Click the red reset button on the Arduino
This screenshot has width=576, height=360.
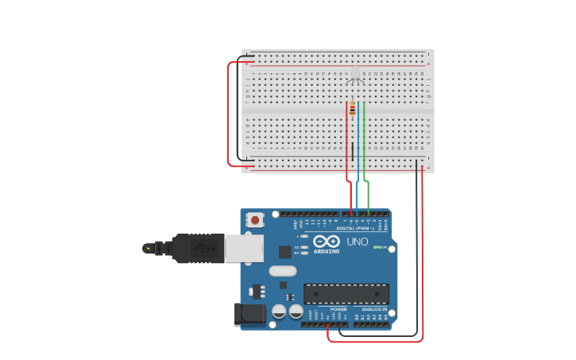[x=255, y=219]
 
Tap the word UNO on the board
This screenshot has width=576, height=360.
[x=357, y=242]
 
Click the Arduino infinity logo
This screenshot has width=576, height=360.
[x=326, y=241]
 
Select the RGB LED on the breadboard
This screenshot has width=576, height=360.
[x=355, y=75]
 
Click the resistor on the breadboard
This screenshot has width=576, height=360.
[x=352, y=108]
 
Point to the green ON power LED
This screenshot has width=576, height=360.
[x=376, y=247]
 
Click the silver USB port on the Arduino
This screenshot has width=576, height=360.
[x=243, y=248]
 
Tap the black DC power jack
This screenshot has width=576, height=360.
[x=249, y=315]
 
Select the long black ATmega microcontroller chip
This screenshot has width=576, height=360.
[x=346, y=293]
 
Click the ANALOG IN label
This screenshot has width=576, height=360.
[x=374, y=309]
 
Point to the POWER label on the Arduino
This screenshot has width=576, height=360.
[x=338, y=309]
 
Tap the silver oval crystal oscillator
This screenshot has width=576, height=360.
[x=283, y=271]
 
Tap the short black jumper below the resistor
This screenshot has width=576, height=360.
[x=352, y=151]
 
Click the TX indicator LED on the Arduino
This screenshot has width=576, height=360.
[x=304, y=247]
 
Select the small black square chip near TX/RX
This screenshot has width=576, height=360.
[x=285, y=252]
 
